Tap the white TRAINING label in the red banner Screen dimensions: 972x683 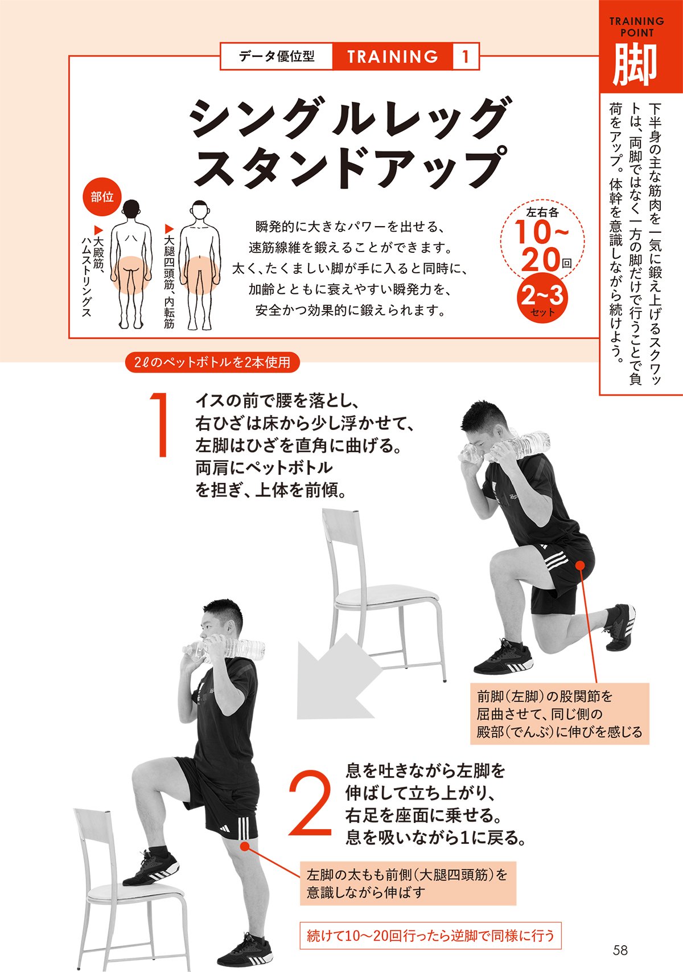point(392,56)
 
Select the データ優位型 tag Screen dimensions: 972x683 point(277,56)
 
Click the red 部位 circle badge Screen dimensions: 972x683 point(102,197)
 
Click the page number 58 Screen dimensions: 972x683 point(620,950)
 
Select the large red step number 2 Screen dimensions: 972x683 point(310,803)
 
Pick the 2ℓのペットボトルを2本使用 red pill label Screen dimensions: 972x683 point(212,362)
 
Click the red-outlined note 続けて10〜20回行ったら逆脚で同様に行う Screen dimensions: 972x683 point(430,936)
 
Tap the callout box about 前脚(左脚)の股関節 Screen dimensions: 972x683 point(559,713)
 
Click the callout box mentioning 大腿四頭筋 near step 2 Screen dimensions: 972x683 point(407,883)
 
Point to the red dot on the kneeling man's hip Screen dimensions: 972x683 point(579,565)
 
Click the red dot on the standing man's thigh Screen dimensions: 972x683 point(245,846)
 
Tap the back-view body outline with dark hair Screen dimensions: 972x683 point(131,265)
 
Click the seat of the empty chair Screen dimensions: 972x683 point(387,596)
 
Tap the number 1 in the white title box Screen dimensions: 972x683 point(466,56)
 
